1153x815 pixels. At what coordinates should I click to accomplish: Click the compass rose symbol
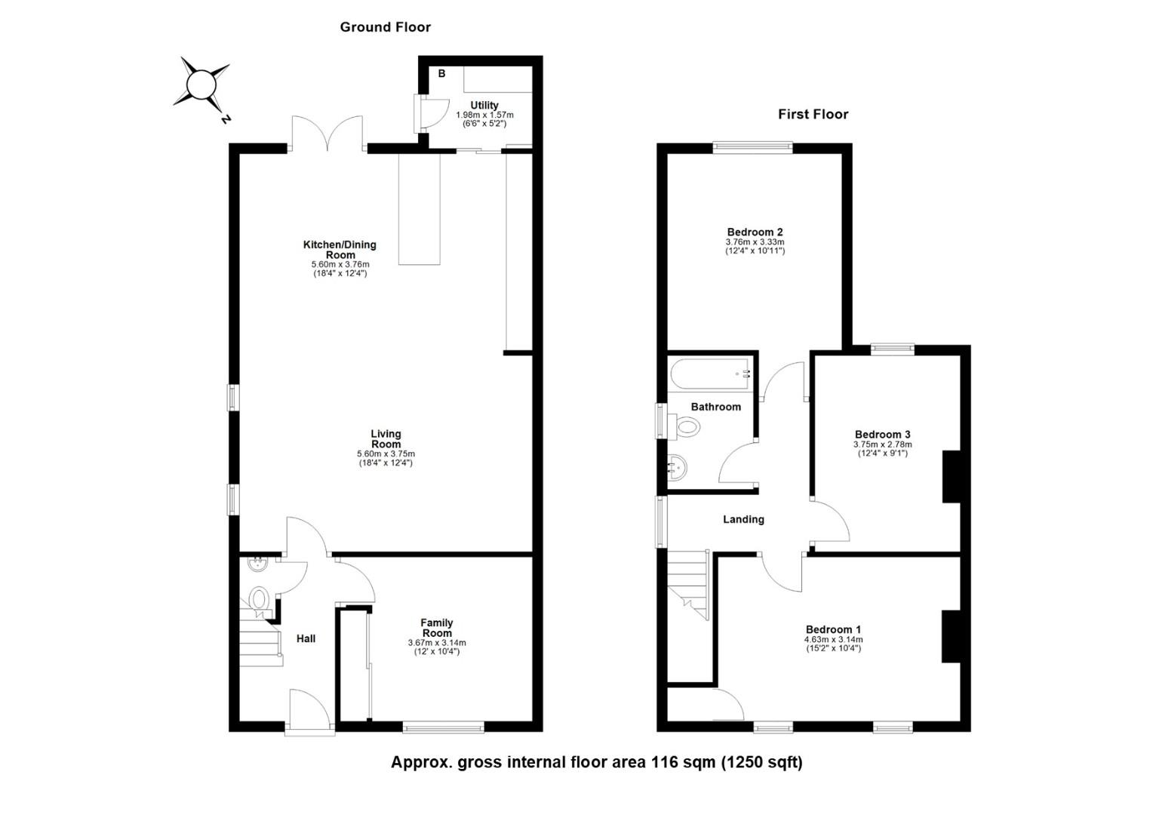(201, 85)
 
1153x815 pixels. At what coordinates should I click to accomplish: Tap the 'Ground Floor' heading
(385, 27)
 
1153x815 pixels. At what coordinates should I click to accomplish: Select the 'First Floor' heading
(813, 115)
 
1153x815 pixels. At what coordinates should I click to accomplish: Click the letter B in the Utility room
(441, 74)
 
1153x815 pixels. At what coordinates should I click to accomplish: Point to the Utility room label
(484, 106)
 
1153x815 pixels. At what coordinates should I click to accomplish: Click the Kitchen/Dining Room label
(340, 250)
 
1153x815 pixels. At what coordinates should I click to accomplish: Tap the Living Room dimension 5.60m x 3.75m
(386, 454)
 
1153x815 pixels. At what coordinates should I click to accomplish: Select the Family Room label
(437, 628)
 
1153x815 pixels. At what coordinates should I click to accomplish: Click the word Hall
(306, 639)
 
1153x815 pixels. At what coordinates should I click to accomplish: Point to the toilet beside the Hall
(259, 599)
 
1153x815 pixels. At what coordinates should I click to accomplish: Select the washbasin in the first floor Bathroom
(678, 468)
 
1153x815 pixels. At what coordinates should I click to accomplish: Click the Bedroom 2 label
(755, 232)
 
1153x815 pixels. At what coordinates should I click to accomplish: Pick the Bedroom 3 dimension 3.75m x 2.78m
(882, 444)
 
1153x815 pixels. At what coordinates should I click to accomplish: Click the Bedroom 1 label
(833, 630)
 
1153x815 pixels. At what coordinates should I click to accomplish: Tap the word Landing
(743, 520)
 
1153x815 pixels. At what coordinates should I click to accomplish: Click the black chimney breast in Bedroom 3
(951, 476)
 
